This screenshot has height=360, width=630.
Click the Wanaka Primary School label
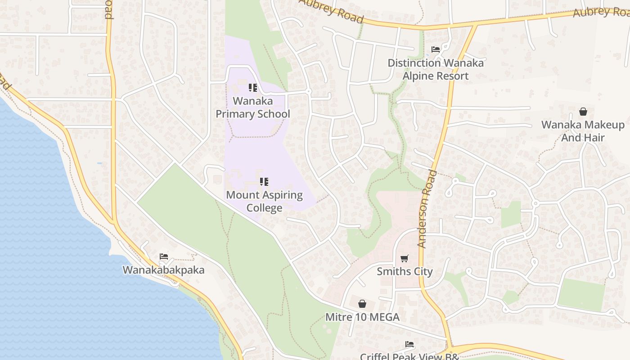252,108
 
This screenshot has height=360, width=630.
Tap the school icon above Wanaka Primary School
253,87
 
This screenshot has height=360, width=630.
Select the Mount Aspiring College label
264,201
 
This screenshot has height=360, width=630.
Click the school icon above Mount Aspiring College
264,182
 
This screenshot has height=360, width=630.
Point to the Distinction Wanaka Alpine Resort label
436,69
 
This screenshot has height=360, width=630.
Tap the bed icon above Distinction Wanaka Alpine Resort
436,49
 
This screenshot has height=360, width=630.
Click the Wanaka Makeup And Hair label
583,131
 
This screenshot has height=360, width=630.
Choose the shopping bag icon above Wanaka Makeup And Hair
583,111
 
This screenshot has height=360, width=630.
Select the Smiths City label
405,271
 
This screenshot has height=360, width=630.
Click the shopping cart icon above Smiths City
405,258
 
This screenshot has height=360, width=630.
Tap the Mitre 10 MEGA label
362,317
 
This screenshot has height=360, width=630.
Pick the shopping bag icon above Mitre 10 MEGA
362,304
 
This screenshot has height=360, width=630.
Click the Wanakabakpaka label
163,270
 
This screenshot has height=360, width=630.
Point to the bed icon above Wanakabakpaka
164,256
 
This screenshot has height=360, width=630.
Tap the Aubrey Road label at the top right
601,11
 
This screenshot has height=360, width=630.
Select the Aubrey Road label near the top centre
332,11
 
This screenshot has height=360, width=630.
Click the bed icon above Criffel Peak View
409,344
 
